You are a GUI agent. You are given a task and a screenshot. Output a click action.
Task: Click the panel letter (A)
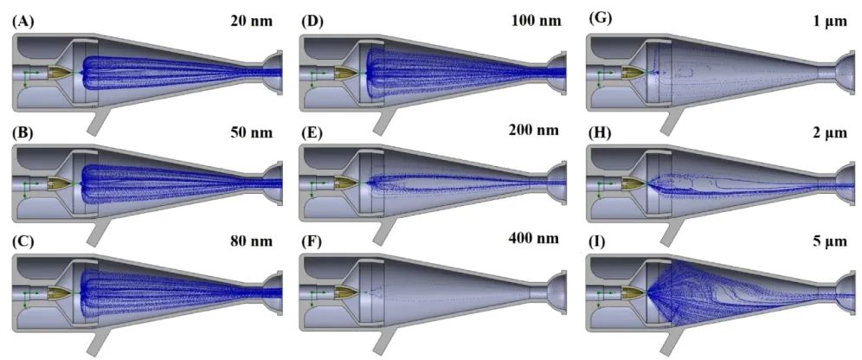point(22,22)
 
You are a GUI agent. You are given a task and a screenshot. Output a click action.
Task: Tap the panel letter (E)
point(312,132)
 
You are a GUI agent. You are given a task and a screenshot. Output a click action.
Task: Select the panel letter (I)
point(597,241)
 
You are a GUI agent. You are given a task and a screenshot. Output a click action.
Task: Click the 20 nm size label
point(252,22)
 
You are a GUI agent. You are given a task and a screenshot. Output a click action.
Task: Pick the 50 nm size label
point(252,132)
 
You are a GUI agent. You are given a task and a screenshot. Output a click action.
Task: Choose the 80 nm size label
point(252,241)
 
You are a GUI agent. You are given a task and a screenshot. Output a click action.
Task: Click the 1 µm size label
point(831,22)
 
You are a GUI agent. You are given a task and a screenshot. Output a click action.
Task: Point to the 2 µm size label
point(831,132)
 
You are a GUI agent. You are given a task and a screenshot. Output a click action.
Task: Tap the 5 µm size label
point(831,241)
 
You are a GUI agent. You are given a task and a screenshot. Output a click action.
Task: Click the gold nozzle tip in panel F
point(347,292)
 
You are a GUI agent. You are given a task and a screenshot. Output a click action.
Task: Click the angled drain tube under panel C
point(98,340)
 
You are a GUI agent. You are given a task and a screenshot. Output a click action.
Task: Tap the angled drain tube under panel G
point(672,120)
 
